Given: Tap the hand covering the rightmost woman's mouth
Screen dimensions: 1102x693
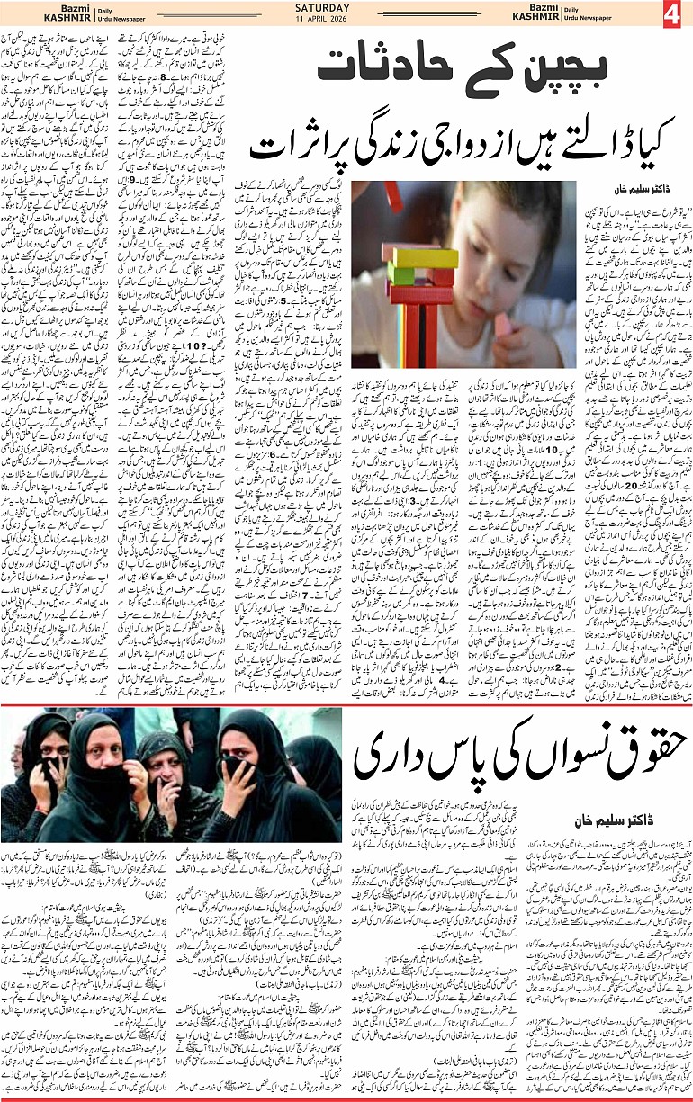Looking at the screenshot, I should click(236, 765).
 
